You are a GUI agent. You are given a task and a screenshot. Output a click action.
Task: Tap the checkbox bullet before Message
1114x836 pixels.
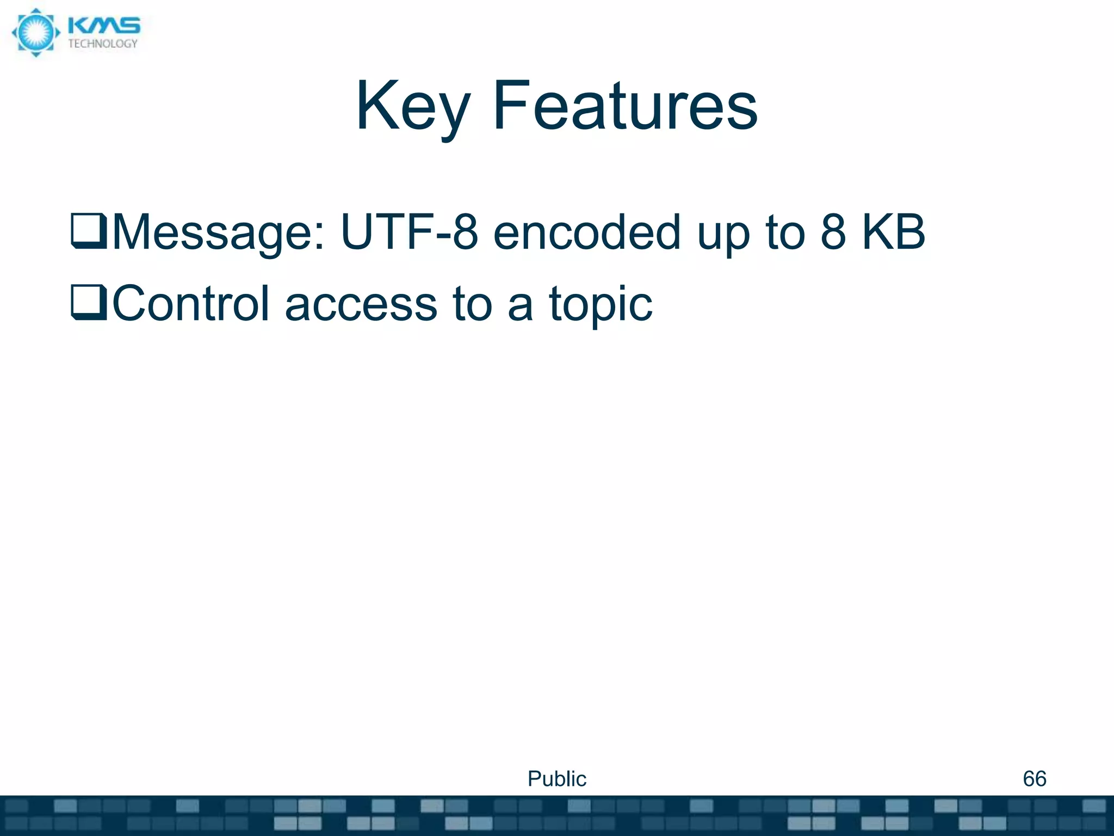point(89,231)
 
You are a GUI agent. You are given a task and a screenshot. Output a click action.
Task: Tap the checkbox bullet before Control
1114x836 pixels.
point(89,303)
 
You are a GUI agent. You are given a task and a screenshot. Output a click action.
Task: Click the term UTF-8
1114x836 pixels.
point(409,232)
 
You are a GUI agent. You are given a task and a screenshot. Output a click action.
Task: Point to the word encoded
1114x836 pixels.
point(586,232)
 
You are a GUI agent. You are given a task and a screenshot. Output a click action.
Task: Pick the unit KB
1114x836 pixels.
point(893,232)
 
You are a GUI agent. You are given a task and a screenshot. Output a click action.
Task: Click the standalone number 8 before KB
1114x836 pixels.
point(833,232)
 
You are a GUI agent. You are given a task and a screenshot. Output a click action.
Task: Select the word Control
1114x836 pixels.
point(190,303)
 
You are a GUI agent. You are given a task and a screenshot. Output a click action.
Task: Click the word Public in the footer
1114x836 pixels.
point(556,778)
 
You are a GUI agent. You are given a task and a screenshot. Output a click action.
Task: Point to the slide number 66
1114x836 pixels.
point(1034,778)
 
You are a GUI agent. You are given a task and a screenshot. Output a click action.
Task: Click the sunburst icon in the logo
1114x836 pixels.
point(35,33)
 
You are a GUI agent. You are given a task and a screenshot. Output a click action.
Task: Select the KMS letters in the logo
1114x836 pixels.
point(104,26)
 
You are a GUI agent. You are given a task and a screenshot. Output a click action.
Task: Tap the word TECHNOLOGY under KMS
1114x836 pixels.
point(103,44)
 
